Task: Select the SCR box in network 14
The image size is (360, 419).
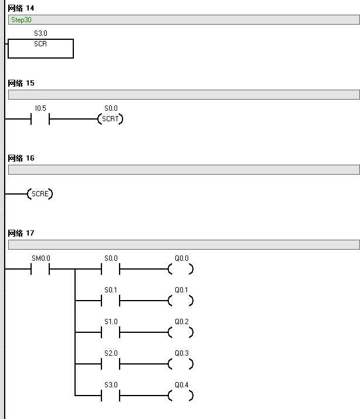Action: tap(40, 49)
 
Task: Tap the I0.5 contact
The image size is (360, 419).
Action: tap(40, 120)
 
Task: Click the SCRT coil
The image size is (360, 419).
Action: tap(110, 120)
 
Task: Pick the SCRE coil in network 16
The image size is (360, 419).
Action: tap(40, 193)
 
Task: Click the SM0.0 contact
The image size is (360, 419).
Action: tap(40, 270)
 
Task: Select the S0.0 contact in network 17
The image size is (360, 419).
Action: tap(110, 270)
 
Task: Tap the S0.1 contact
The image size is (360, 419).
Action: tap(110, 301)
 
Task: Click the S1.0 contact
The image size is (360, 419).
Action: tap(110, 333)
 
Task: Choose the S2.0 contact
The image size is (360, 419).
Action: tap(110, 365)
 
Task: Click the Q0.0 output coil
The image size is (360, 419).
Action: tap(181, 270)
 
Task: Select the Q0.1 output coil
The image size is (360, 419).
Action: tap(181, 301)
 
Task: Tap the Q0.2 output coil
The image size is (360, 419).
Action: tap(181, 333)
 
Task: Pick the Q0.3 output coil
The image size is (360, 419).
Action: tap(181, 365)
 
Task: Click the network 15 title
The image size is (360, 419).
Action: tap(21, 83)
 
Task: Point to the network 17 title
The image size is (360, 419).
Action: tap(21, 233)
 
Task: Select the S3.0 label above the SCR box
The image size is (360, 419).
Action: tap(40, 34)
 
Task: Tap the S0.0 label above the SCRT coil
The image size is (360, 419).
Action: tap(110, 108)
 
